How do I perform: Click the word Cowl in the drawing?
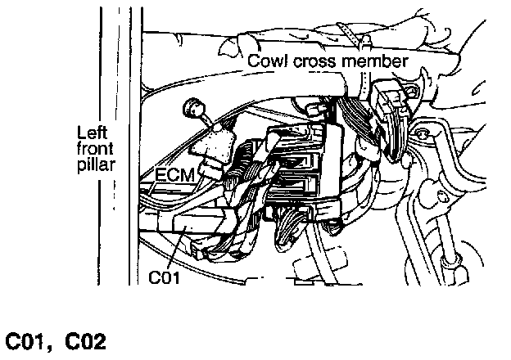268,61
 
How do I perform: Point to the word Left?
93,133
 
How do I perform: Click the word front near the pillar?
95,149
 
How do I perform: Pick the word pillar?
96,164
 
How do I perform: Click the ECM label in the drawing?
174,175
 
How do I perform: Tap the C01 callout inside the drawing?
164,277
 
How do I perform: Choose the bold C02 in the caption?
86,342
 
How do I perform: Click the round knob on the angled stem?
193,108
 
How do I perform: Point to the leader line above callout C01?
176,247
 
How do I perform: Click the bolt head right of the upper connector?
423,133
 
